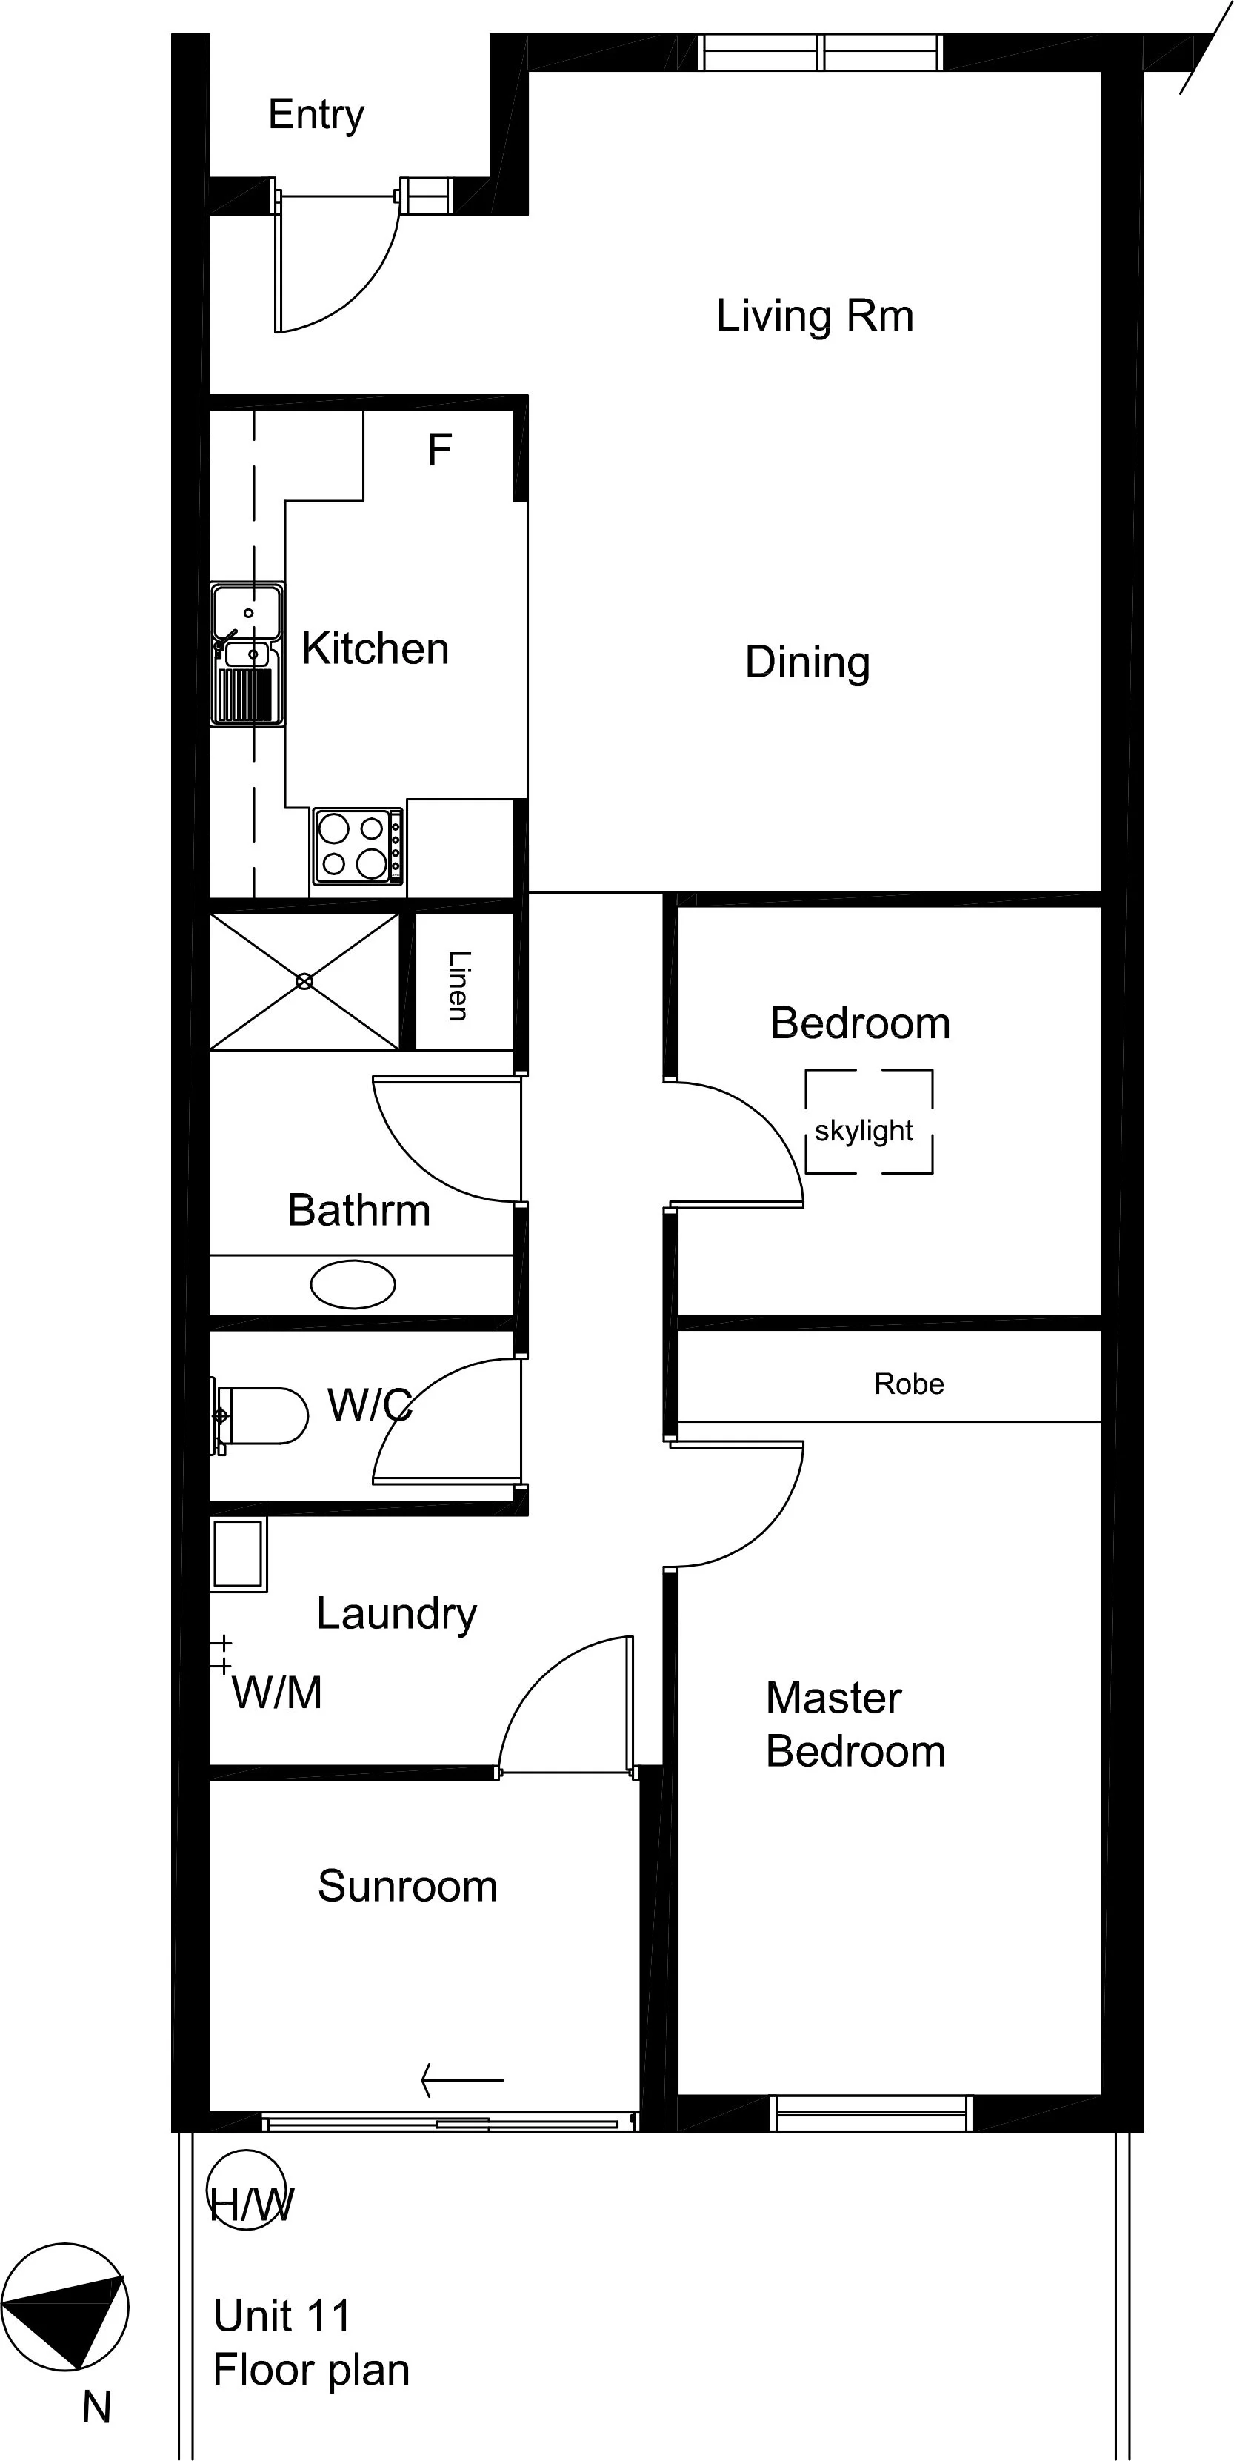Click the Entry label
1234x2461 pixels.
pyautogui.click(x=316, y=116)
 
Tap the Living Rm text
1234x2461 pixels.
pyautogui.click(x=815, y=316)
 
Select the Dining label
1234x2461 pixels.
pyautogui.click(x=807, y=662)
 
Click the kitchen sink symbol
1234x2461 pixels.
pyautogui.click(x=247, y=654)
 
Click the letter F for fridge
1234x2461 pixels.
pyautogui.click(x=439, y=450)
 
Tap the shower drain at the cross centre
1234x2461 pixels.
pyautogui.click(x=304, y=981)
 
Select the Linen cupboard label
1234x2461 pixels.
pyautogui.click(x=459, y=986)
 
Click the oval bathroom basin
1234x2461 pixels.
pyautogui.click(x=353, y=1284)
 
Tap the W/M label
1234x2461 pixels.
pyautogui.click(x=277, y=1693)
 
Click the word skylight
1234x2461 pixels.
pyautogui.click(x=864, y=1131)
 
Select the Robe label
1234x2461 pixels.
pyautogui.click(x=908, y=1384)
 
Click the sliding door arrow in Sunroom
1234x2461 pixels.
pyautogui.click(x=462, y=2079)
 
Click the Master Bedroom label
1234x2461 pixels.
pyautogui.click(x=855, y=1724)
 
